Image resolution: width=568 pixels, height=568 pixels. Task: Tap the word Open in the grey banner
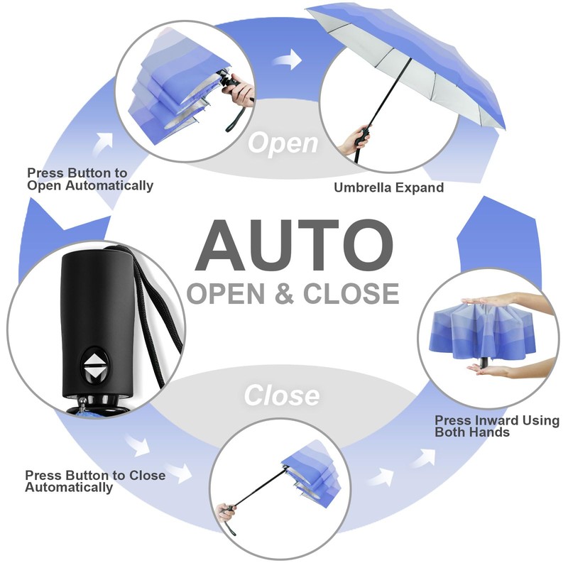283,143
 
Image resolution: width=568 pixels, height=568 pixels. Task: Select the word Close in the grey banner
282,395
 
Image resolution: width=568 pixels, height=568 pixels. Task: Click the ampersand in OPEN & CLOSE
284,293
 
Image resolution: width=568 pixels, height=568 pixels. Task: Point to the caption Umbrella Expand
389,188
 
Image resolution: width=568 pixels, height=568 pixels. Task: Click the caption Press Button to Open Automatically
89,179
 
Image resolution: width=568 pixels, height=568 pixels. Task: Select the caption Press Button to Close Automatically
94,481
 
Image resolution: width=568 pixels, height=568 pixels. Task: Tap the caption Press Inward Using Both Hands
496,427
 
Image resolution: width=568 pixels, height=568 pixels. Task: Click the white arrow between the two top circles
287,60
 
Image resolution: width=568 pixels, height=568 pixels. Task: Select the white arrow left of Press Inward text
422,459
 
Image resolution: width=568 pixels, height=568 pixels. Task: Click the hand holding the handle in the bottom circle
228,513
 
